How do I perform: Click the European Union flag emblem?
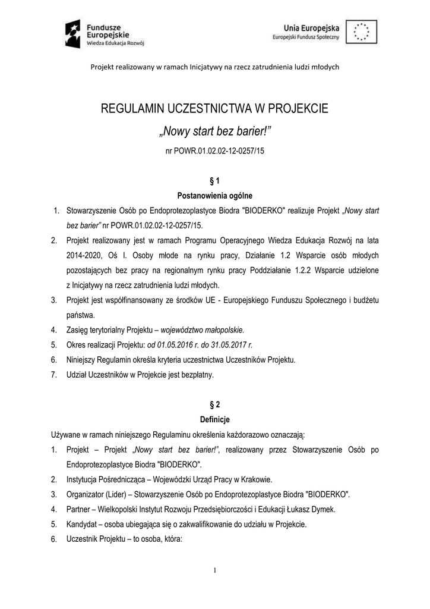click(362, 32)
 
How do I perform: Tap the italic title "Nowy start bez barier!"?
click(214, 130)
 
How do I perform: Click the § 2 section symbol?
click(215, 404)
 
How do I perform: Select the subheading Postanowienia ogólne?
click(215, 195)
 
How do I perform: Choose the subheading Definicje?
click(215, 419)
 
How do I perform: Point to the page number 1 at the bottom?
click(214, 572)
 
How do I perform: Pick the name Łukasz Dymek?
click(314, 509)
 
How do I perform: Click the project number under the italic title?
click(214, 152)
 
